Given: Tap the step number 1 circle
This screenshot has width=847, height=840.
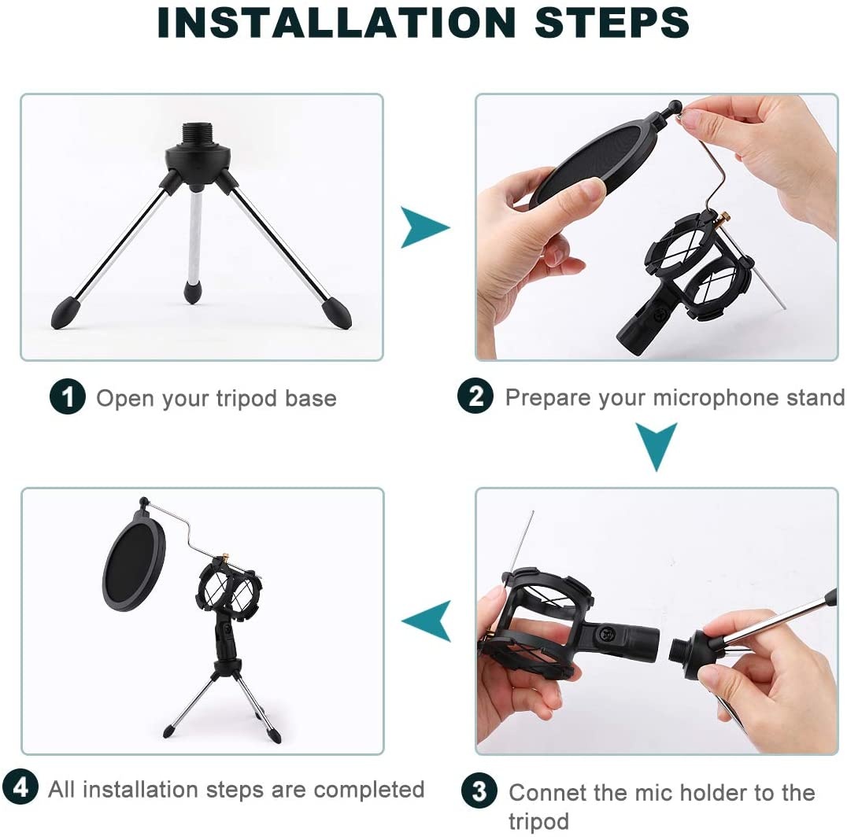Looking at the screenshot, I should (68, 397).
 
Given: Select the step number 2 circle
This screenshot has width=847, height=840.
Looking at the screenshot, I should (475, 396).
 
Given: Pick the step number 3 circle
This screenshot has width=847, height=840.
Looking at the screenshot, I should (479, 790).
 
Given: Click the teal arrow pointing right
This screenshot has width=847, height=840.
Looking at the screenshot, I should (424, 227).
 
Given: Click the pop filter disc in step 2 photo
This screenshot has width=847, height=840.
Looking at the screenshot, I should (588, 165).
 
